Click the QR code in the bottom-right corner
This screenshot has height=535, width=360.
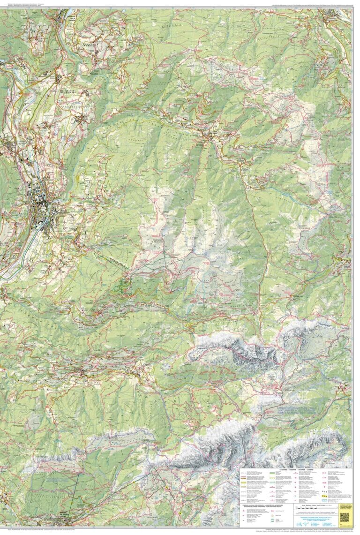pos(345,516)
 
